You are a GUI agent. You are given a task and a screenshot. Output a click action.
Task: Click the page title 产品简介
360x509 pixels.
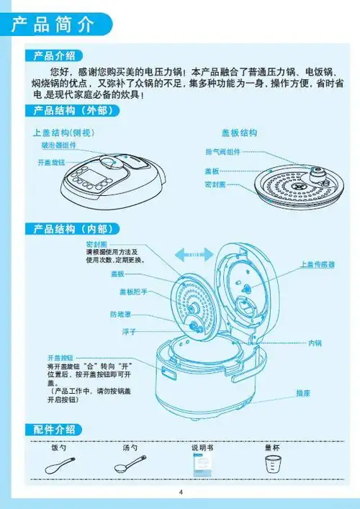click(54, 24)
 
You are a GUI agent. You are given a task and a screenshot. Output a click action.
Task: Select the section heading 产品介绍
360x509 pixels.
click(54, 56)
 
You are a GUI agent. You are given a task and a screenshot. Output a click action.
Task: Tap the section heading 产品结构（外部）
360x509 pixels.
click(71, 111)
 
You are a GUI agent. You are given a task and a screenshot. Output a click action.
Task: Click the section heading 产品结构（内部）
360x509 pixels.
click(71, 229)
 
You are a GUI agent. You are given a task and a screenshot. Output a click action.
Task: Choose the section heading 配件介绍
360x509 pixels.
click(54, 429)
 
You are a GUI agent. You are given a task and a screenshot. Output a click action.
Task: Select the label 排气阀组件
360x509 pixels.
click(223, 152)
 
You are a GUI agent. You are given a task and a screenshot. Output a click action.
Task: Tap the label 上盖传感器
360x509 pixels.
click(318, 265)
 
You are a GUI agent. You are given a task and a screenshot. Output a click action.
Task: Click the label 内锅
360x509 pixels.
click(315, 343)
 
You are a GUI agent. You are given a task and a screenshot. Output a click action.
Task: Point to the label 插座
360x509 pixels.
click(303, 393)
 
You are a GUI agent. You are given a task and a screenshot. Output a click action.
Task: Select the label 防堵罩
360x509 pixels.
click(120, 315)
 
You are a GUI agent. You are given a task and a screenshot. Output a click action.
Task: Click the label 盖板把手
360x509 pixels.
click(133, 292)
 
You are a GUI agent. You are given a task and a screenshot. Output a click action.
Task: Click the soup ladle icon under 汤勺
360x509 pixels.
click(130, 465)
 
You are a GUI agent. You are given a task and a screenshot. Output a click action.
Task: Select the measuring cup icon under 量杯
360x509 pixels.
click(272, 465)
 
